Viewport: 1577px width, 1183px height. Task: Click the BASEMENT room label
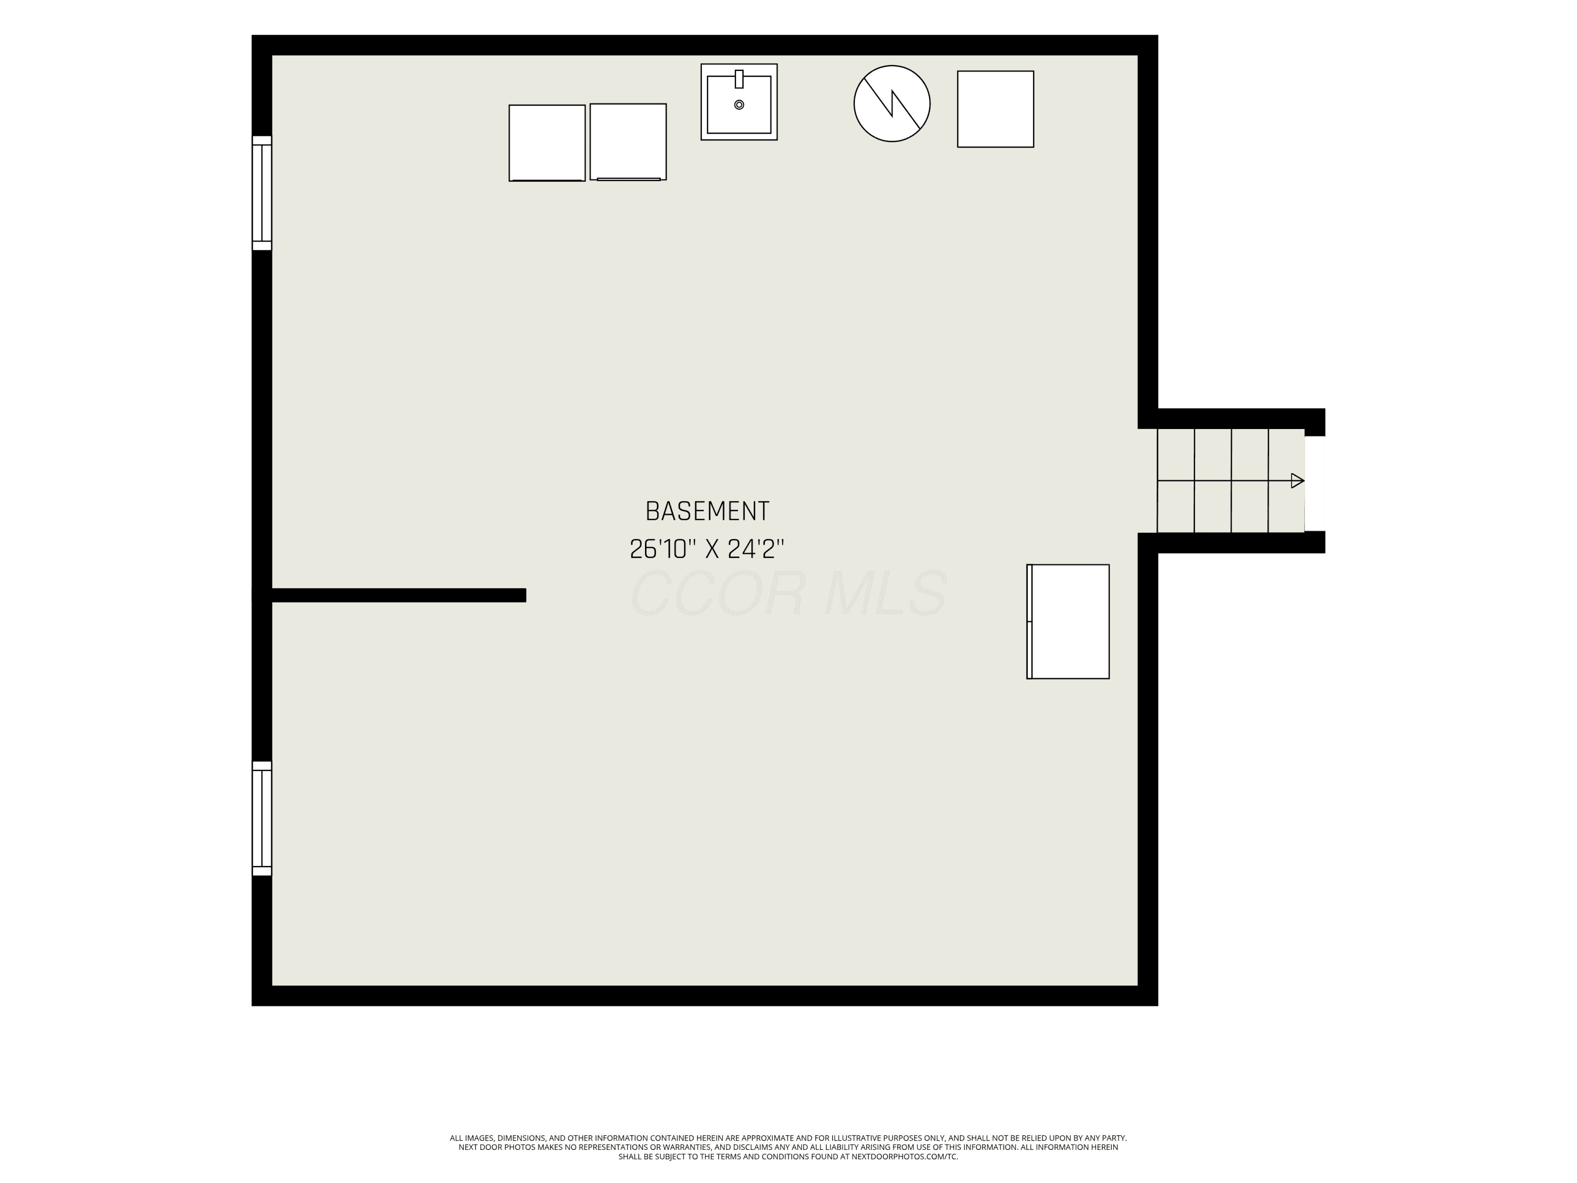point(707,511)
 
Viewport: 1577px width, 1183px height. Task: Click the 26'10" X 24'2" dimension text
point(707,549)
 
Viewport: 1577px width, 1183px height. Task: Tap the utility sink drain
point(739,105)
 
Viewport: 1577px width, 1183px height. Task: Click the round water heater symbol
point(892,104)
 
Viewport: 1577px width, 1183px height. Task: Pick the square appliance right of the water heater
point(995,109)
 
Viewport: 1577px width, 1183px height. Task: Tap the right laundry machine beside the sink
point(628,142)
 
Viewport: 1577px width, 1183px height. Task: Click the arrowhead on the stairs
point(1297,481)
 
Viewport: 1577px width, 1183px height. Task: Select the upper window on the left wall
point(262,193)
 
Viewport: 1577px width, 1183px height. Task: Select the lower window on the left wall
point(262,819)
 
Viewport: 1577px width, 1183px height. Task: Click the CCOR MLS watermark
point(789,593)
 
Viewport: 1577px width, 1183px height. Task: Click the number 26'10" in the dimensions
point(662,549)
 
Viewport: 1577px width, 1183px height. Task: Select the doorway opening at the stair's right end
point(1315,484)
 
